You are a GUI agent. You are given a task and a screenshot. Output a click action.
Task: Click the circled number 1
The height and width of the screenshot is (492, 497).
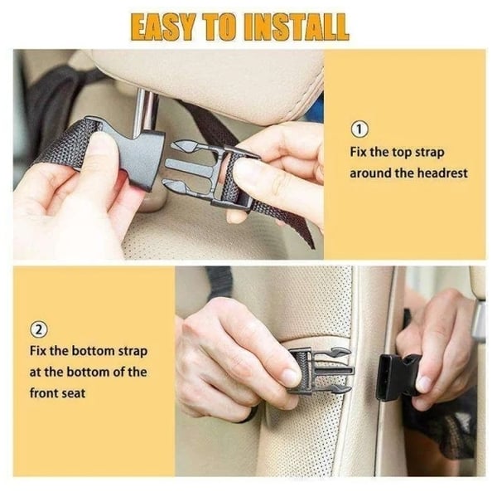(x=359, y=129)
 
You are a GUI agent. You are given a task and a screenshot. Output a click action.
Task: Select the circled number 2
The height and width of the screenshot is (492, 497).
(x=39, y=330)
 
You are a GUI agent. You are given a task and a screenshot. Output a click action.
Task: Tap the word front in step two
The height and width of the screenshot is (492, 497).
(x=43, y=393)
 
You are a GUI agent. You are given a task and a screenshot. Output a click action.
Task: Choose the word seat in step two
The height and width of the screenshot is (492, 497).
(x=73, y=393)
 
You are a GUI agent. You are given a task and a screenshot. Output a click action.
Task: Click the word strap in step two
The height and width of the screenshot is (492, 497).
(x=133, y=352)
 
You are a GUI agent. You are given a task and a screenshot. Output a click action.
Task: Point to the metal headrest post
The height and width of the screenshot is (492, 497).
(x=145, y=110)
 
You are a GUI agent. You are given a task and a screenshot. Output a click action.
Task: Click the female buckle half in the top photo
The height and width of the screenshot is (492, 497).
(x=133, y=154)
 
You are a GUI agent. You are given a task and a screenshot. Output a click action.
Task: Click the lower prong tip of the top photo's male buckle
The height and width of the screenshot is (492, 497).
(x=166, y=183)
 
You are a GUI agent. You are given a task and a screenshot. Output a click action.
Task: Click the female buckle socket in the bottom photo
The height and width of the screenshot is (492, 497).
(x=393, y=377)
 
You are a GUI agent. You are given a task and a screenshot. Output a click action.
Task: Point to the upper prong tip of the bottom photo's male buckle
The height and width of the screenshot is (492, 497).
(x=348, y=352)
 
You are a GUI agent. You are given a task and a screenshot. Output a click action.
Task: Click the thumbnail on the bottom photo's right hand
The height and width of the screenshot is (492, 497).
(x=424, y=383)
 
